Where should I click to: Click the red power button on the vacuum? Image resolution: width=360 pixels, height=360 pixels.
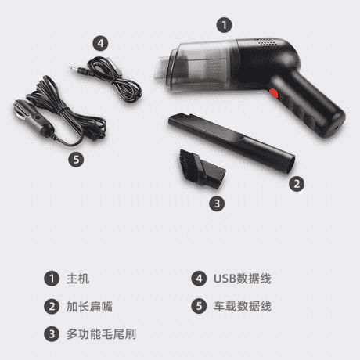click(x=273, y=93)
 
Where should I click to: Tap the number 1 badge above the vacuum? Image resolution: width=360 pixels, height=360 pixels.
click(x=224, y=25)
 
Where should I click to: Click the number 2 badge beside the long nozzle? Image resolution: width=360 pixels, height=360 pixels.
click(x=297, y=184)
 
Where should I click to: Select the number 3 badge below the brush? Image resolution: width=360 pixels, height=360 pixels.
click(x=217, y=203)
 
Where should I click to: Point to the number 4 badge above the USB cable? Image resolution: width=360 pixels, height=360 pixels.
click(x=100, y=43)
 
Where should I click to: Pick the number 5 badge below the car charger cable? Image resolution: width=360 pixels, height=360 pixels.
click(x=76, y=160)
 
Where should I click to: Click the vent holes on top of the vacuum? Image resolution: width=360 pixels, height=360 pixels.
click(x=265, y=42)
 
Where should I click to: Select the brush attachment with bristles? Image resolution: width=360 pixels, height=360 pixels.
click(x=202, y=169)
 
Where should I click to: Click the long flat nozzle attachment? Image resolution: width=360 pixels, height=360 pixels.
click(x=232, y=142)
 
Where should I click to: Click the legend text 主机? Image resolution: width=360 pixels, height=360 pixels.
click(x=77, y=279)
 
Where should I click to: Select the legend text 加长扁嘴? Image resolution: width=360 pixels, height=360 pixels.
click(x=89, y=306)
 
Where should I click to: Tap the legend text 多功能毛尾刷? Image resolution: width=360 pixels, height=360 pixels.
click(x=101, y=334)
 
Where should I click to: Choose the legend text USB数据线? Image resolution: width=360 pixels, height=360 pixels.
click(x=243, y=279)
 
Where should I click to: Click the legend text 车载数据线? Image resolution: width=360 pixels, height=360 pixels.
click(x=243, y=306)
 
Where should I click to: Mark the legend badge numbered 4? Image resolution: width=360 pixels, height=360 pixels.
click(x=199, y=279)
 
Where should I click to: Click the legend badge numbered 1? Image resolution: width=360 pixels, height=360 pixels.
click(x=52, y=279)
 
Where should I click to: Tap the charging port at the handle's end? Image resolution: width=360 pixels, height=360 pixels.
click(x=337, y=128)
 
